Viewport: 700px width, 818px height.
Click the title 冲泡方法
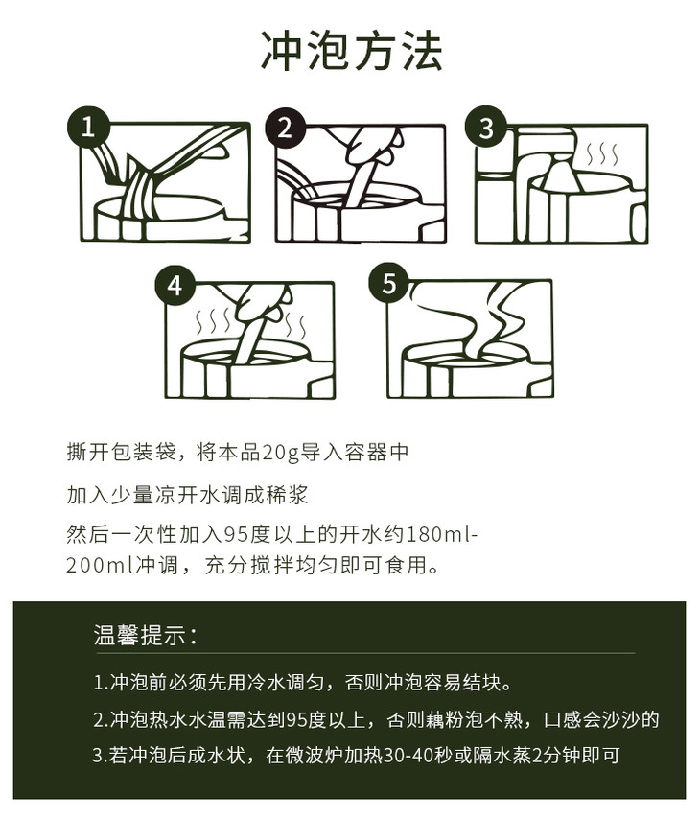click(352, 51)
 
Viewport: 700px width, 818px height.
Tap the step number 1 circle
click(88, 127)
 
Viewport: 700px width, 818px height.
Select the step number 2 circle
click(284, 128)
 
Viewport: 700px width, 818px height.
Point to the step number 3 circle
click(485, 128)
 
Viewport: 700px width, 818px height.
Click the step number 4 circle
click(175, 286)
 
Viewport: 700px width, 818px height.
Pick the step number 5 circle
click(389, 283)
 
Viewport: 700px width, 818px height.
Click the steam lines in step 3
click(603, 153)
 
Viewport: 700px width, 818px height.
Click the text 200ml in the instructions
click(100, 565)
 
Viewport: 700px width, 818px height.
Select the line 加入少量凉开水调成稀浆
click(187, 495)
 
